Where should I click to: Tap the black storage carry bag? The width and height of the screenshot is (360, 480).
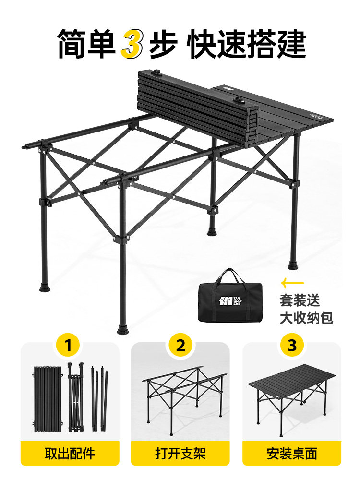point(230,300)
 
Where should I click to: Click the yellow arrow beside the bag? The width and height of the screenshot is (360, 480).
point(292,282)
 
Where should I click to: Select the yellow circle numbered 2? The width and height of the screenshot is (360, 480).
point(180,345)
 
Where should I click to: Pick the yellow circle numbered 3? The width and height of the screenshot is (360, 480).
point(292,345)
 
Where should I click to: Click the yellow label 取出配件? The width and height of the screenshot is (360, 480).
point(70,453)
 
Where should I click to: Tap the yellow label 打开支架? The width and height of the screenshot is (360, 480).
point(180,453)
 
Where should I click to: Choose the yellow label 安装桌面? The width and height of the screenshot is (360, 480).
point(291,453)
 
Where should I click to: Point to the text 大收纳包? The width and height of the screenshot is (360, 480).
point(306,317)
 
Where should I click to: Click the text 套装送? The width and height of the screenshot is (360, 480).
point(300,300)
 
